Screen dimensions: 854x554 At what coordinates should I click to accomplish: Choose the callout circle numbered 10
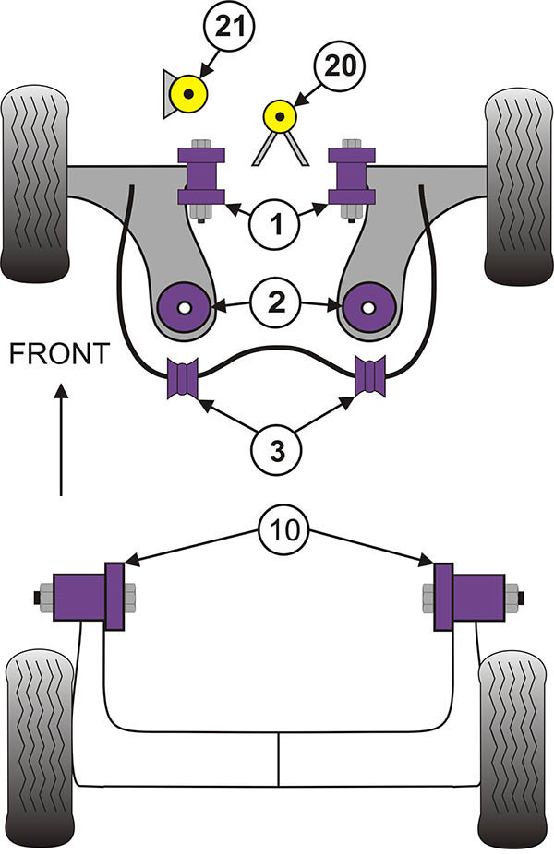[x=284, y=529]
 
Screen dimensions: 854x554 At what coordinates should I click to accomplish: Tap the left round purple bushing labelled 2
[x=186, y=304]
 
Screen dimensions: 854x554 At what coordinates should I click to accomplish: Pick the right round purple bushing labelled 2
[x=368, y=304]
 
